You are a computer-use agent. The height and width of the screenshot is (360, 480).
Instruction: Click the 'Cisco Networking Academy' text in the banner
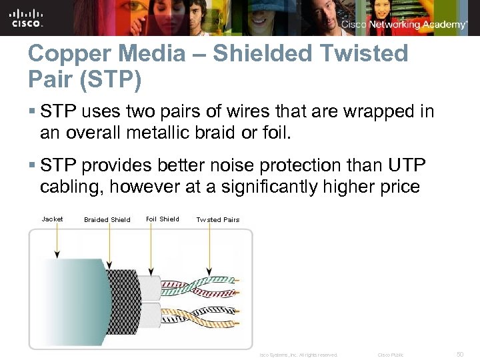[x=404, y=25]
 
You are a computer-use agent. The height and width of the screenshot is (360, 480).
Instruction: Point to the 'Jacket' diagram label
[x=52, y=219]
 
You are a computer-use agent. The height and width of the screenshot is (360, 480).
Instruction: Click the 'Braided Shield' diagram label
[x=107, y=219]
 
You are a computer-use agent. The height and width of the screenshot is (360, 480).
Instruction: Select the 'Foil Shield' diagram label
[x=162, y=219]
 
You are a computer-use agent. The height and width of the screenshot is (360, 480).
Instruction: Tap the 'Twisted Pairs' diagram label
[x=217, y=219]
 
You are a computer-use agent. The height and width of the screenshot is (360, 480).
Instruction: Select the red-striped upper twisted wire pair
[x=200, y=285]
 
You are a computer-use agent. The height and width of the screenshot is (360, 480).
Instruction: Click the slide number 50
[x=459, y=354]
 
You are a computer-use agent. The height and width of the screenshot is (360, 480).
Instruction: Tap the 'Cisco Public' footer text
[x=391, y=355]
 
